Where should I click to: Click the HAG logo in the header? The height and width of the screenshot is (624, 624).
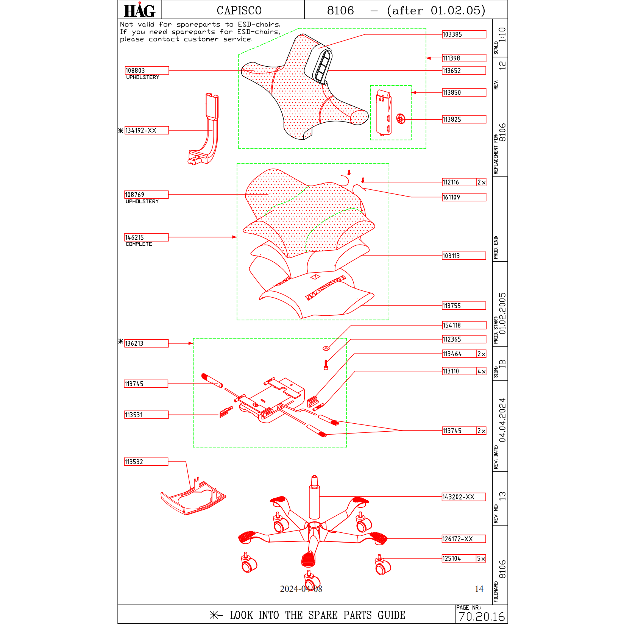[139, 10]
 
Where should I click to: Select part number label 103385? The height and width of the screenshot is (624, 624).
[464, 34]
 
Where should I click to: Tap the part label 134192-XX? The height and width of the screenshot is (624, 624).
[147, 131]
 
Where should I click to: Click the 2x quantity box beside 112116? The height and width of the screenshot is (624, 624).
[481, 183]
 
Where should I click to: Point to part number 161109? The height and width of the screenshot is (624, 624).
[464, 197]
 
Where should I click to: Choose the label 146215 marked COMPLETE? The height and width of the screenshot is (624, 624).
[146, 237]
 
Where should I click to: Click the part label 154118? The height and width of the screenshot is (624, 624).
[464, 325]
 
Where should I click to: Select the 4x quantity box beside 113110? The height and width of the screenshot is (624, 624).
[481, 371]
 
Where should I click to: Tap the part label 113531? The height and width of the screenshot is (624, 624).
[146, 415]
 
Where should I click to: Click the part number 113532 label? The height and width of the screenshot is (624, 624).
[146, 462]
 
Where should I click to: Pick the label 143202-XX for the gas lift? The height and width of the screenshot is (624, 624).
[464, 497]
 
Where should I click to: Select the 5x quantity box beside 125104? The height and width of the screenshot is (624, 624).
[481, 558]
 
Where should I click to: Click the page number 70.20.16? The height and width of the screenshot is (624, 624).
[482, 617]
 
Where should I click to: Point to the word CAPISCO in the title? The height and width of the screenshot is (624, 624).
[239, 11]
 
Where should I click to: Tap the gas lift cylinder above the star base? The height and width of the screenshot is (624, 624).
[314, 500]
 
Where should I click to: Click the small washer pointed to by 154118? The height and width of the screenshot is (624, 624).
[326, 348]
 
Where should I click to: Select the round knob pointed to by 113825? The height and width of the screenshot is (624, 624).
[400, 119]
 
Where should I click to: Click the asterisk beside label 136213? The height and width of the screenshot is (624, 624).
[121, 341]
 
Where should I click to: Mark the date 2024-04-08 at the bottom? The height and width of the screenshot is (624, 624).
[301, 589]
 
